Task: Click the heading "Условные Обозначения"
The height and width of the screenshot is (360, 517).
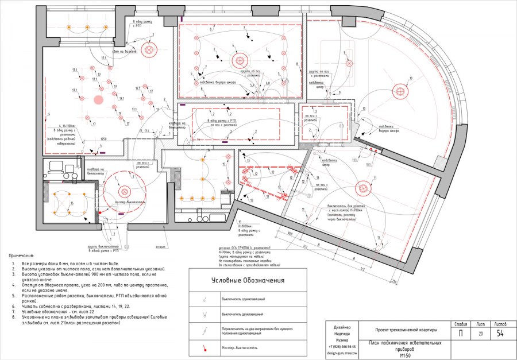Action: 248,280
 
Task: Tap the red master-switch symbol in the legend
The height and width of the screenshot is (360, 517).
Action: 203,347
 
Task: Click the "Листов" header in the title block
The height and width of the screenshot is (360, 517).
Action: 501,324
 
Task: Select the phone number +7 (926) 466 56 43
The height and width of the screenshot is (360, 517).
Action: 342,347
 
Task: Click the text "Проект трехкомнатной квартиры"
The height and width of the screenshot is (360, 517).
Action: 406,330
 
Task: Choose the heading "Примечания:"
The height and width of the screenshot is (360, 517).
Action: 22,255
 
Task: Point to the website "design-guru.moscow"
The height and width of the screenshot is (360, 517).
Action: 342,354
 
